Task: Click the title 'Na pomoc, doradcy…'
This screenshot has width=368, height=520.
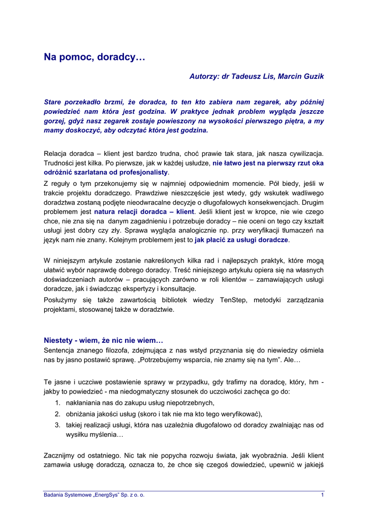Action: (95, 58)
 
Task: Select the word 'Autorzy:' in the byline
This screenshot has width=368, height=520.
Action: (204, 76)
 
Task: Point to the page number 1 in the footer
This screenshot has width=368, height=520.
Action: (322, 495)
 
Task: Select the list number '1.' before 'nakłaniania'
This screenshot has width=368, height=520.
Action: (58, 403)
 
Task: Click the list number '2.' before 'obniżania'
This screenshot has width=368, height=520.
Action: (58, 414)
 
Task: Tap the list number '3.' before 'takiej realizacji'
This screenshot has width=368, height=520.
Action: (58, 425)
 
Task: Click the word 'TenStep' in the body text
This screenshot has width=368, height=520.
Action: (234, 300)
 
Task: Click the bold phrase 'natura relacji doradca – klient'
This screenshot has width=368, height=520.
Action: (144, 211)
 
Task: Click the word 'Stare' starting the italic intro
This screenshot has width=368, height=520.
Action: (54, 102)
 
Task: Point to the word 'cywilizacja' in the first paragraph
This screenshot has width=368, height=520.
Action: (305, 153)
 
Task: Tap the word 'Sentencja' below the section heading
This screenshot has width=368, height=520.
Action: (60, 350)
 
